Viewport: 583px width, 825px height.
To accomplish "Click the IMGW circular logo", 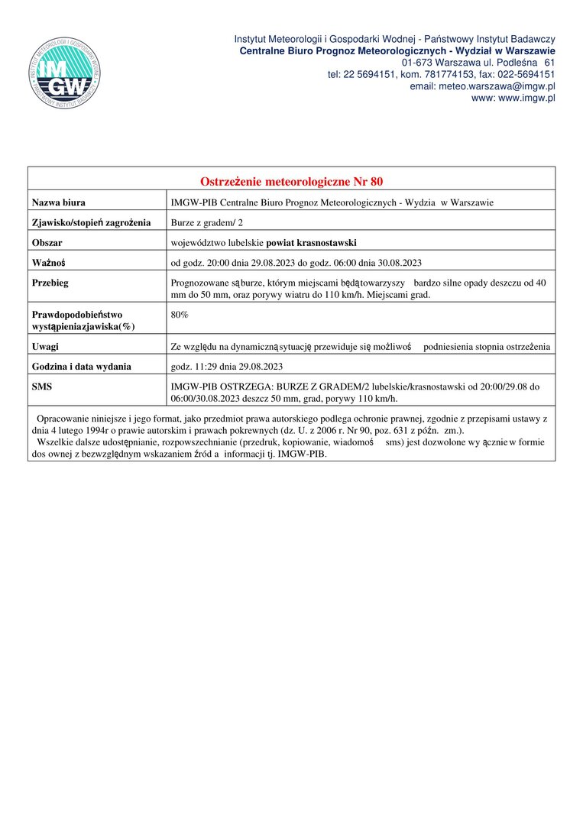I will [x=64, y=73].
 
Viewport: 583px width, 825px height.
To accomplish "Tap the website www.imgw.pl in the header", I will [x=526, y=98].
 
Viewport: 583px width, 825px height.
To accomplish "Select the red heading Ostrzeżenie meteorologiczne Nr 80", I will [x=291, y=182].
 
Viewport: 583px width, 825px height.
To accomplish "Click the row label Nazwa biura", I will [x=58, y=202].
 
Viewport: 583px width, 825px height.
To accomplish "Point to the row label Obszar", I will [x=47, y=243].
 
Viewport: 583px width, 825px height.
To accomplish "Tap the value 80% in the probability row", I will [x=180, y=314].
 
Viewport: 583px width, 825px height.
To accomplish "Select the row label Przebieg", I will [x=51, y=283].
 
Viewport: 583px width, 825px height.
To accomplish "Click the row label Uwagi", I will [x=45, y=347].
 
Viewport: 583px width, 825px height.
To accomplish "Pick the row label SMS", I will [x=41, y=387].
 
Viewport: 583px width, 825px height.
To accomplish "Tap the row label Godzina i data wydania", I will [x=82, y=367].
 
